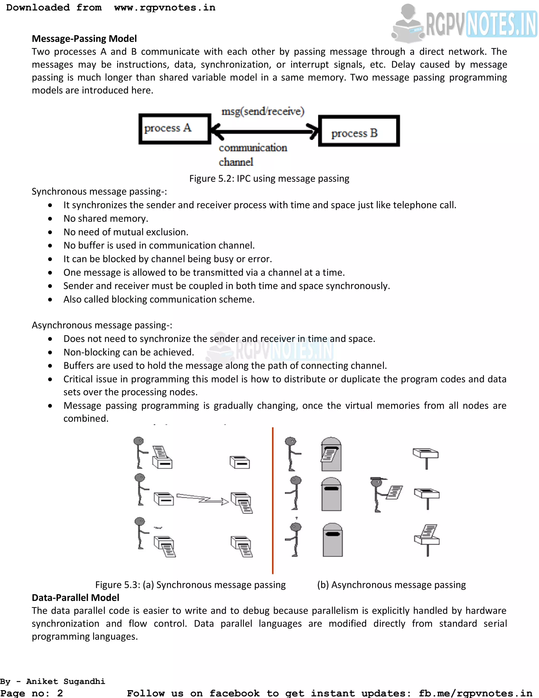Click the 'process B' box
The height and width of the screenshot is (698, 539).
tap(359, 131)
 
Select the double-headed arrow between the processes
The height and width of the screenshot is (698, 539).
tap(264, 131)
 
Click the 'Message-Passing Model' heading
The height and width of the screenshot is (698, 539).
tap(84, 39)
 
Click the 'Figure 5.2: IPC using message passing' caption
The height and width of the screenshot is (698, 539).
tap(269, 178)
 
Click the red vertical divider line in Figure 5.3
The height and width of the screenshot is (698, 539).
tap(272, 500)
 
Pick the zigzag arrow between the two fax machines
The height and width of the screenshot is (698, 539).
tap(202, 499)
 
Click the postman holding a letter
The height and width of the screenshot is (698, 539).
tap(385, 494)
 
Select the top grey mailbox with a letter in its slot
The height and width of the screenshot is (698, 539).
tap(331, 454)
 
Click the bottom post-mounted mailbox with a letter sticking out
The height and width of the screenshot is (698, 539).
tap(427, 539)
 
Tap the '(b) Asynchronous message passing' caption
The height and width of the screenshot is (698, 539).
tap(391, 584)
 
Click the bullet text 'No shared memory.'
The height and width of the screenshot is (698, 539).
tap(106, 218)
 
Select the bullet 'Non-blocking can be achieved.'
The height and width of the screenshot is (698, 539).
tap(129, 352)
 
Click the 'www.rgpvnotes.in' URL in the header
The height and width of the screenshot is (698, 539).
tap(165, 7)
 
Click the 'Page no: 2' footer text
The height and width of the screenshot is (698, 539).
tap(31, 693)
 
